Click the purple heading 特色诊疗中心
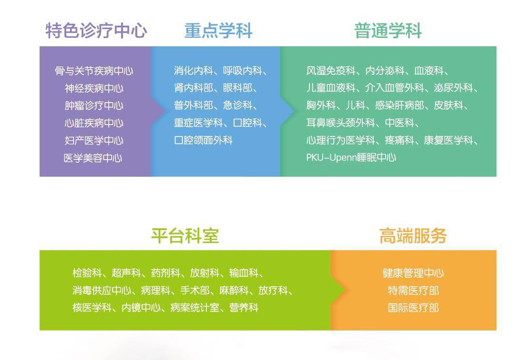point(97,31)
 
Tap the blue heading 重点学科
point(218,31)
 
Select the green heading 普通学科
point(388,31)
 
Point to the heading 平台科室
point(185,236)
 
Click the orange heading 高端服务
point(413,236)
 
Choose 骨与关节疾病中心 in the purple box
point(94,71)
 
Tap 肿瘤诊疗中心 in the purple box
point(94,106)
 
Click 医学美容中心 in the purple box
point(93,158)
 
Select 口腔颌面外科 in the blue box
point(203,140)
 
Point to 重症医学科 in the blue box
point(198,123)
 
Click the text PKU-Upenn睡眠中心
point(351,157)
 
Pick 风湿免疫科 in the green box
point(331,70)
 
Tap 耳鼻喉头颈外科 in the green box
point(341,123)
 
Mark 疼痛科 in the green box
point(399,140)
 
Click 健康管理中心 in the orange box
point(413,273)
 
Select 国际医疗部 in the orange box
point(413,308)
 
